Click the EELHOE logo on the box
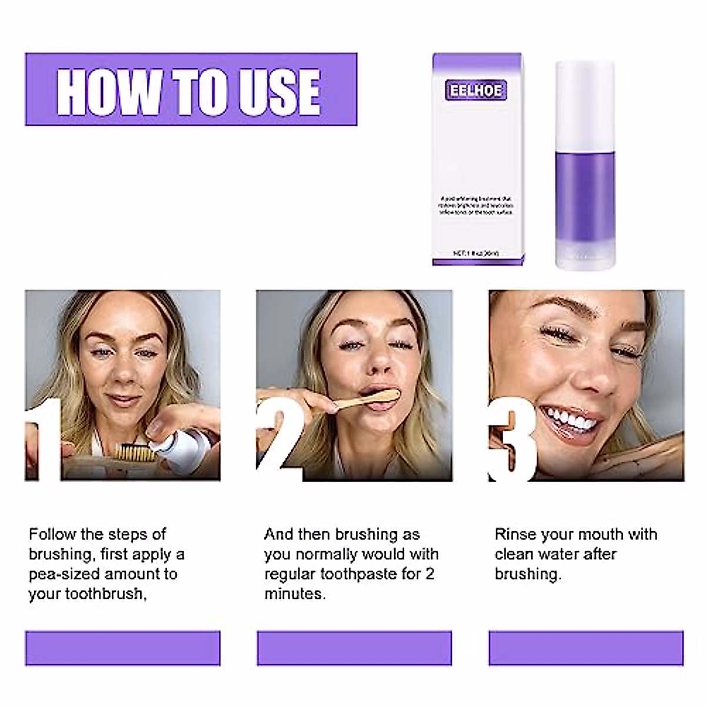tap(475, 91)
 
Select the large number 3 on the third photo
tap(513, 438)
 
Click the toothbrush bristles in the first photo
tap(131, 452)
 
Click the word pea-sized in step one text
tap(69, 574)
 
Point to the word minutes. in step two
tap(295, 594)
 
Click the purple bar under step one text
tap(122, 648)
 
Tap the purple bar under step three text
tap(586, 648)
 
